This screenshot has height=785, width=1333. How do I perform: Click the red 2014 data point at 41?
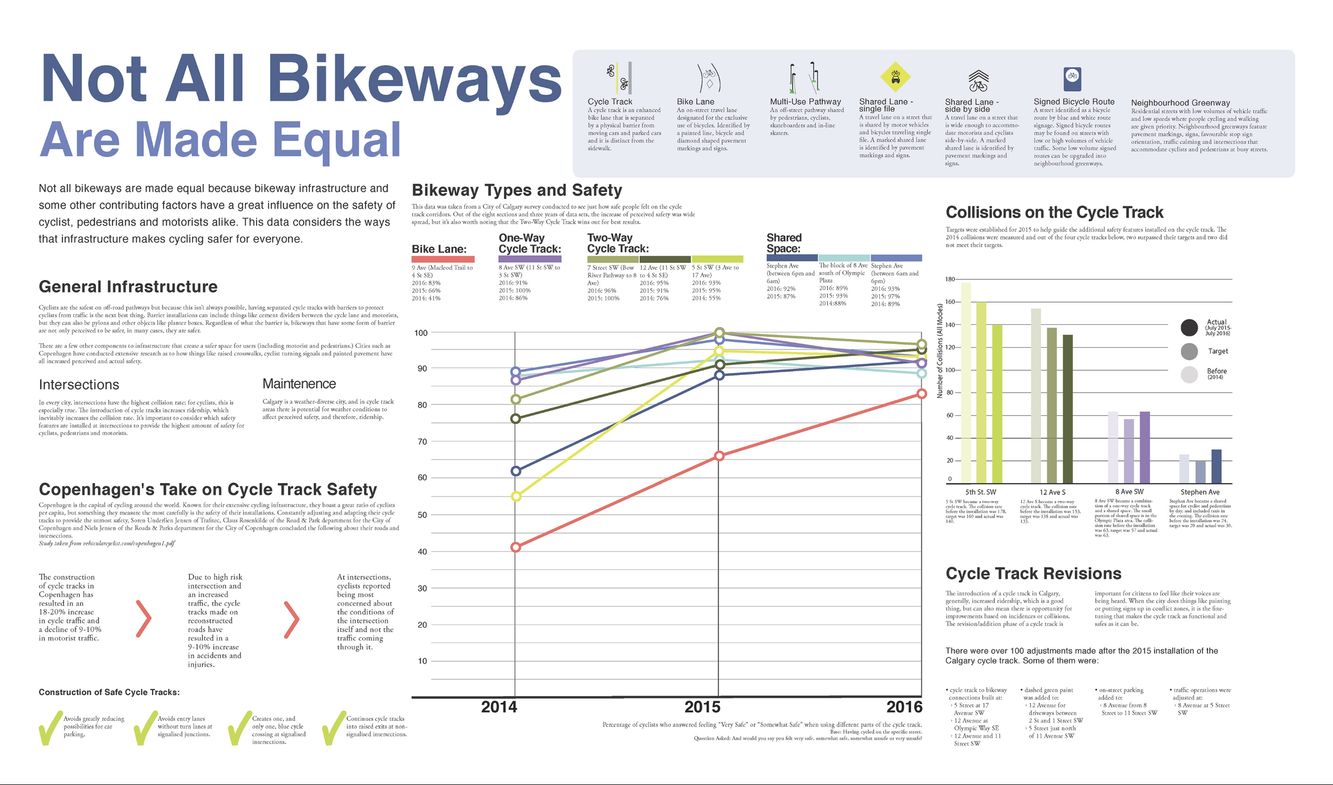click(x=516, y=547)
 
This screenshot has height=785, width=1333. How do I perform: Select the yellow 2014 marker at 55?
click(x=516, y=496)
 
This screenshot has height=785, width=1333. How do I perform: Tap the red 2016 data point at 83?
click(x=921, y=394)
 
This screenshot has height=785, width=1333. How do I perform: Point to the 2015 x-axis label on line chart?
click(x=702, y=707)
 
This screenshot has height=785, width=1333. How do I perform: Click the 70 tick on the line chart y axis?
click(x=422, y=442)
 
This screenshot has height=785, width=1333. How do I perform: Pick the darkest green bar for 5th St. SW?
click(x=997, y=404)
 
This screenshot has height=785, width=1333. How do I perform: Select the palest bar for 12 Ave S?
click(x=1036, y=396)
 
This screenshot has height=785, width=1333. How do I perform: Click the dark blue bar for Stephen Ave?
click(x=1216, y=466)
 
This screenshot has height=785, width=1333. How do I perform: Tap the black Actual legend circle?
click(x=1189, y=327)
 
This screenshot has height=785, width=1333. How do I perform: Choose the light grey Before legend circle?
click(x=1189, y=374)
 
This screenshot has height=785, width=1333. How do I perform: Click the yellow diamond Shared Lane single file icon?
click(x=895, y=77)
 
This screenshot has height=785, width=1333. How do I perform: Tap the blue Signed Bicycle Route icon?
click(x=1072, y=76)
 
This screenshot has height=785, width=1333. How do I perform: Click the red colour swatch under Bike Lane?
click(x=443, y=259)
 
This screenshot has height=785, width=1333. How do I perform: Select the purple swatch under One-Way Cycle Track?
click(x=529, y=259)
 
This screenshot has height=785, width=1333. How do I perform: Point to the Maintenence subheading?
click(x=299, y=384)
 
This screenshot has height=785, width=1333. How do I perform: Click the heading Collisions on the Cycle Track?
click(x=1054, y=212)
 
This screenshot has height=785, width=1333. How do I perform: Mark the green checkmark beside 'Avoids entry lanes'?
click(x=145, y=727)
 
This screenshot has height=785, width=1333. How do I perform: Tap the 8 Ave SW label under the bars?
click(x=1129, y=492)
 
